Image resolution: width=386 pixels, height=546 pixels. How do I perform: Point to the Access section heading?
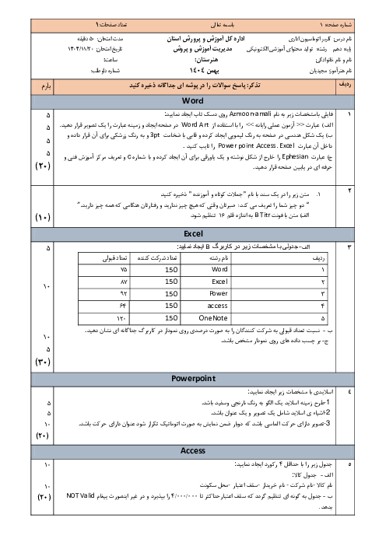192,450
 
